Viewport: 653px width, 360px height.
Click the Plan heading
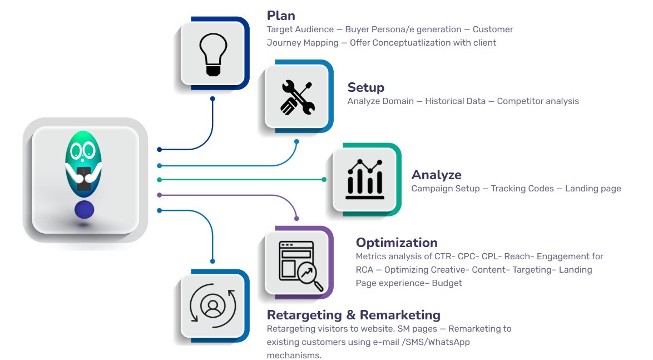coord(281,16)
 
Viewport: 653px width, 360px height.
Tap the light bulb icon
coord(213,53)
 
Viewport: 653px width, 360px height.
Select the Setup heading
coord(365,87)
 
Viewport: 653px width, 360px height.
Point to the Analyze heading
coord(436,175)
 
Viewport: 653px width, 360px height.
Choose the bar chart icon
coord(364,180)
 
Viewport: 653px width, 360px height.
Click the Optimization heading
coord(397,243)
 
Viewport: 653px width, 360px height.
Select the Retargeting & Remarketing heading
coord(353,315)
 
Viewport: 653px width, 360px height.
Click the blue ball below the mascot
coord(84,210)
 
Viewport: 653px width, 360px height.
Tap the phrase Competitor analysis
coord(538,101)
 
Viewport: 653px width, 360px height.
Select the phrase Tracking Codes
coord(522,189)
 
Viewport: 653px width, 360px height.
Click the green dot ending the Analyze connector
coord(324,179)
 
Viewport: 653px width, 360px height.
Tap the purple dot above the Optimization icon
coord(296,218)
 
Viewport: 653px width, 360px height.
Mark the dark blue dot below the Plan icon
coord(212,99)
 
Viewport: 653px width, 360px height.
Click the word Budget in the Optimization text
coord(447,283)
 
